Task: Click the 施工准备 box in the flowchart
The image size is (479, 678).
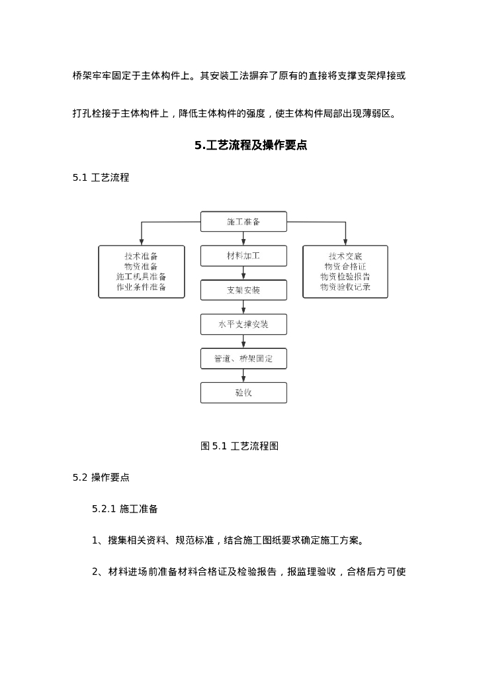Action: coord(243,222)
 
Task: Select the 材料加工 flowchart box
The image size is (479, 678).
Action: coord(243,256)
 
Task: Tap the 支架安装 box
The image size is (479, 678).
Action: coord(243,290)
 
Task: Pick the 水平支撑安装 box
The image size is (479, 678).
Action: coord(243,324)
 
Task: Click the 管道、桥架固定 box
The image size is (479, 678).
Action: coord(243,358)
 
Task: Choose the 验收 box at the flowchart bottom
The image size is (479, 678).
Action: coord(243,393)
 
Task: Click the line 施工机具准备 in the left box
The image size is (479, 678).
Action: coord(141,277)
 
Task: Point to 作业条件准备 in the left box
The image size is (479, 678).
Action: coord(141,287)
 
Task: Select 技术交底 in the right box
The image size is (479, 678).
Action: coord(345,256)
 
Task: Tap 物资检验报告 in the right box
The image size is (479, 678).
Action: coord(345,277)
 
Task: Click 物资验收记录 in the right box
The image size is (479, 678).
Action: coord(345,287)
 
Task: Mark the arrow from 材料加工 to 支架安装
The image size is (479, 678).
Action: coord(243,273)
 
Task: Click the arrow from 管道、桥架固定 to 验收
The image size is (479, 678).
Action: coord(243,375)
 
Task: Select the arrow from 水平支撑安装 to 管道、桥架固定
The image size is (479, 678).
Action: coord(243,341)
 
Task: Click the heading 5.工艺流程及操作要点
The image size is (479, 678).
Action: coord(251,146)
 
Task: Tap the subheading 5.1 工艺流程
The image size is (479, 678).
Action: coord(101,177)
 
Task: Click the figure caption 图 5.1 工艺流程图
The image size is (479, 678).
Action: coord(239,446)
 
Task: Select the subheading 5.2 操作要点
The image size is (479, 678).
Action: coord(101,477)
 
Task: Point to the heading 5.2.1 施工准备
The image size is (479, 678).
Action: coord(124,508)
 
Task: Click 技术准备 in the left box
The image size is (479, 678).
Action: coord(141,256)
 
